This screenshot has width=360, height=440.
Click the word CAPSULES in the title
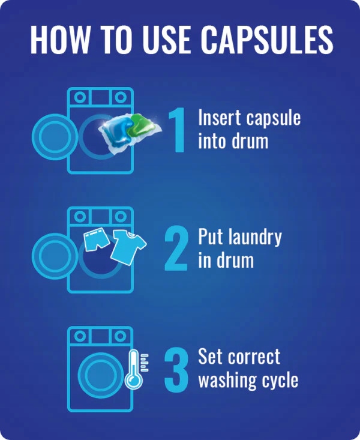click(267, 40)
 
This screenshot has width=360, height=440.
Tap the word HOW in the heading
click(58, 40)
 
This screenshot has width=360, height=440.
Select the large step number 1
click(177, 130)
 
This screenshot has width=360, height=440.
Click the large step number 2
click(176, 249)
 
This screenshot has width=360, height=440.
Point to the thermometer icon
click(134, 370)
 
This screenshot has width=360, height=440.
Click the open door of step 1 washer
click(54, 137)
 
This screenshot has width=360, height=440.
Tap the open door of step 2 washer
click(54, 256)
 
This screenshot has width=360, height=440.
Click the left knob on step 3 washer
click(80, 336)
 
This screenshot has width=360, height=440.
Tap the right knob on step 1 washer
click(121, 97)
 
